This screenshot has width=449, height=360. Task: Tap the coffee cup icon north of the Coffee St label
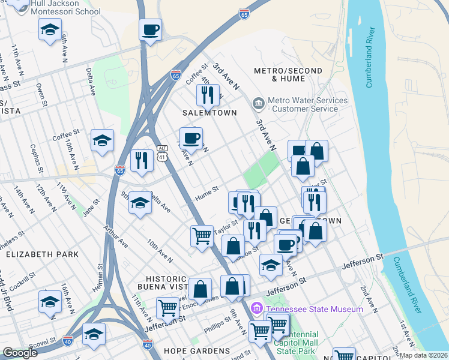pos(150,29)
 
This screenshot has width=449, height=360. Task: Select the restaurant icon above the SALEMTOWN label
pos(208,94)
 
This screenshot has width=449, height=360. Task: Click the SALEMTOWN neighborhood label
pos(209,113)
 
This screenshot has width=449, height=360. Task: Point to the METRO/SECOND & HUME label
pos(288,74)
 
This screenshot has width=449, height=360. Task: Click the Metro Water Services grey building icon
pos(258,104)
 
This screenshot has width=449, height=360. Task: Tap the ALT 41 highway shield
pos(162,153)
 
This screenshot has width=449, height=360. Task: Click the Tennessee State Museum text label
pos(315,309)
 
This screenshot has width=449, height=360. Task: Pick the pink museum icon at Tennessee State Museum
pos(257,309)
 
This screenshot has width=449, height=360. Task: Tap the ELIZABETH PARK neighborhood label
pos(42,254)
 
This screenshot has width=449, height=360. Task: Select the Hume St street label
pos(206,193)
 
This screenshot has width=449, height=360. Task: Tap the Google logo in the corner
pos(20,353)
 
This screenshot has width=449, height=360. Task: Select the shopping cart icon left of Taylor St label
pos(202,235)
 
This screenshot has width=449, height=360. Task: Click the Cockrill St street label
pos(23,281)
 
